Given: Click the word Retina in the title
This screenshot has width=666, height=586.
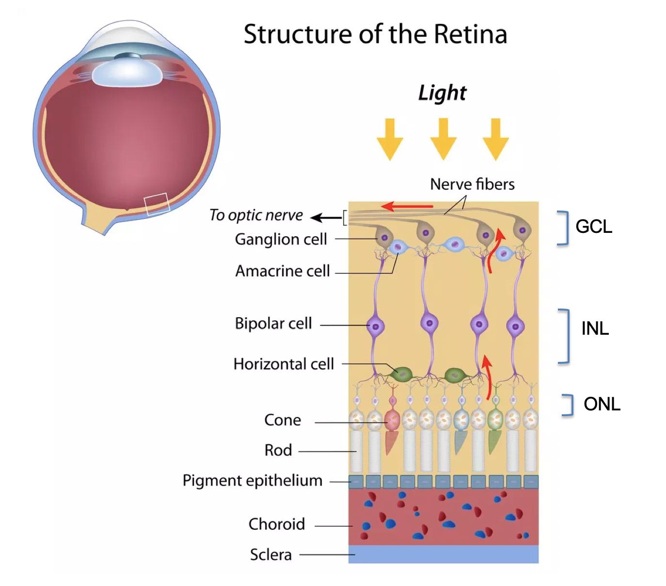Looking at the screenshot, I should click(470, 34).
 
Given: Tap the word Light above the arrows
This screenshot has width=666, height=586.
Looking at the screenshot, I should click(442, 93).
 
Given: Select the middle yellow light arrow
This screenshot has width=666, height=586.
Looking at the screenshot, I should click(443, 139).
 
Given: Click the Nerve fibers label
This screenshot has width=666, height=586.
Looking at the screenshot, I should click(472, 184).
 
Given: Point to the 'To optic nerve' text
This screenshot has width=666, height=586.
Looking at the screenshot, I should click(255, 215).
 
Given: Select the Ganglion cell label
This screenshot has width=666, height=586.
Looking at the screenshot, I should click(281, 239).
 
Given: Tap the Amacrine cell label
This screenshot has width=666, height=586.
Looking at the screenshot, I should click(282, 271).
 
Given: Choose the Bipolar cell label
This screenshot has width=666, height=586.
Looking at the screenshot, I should click(273, 323).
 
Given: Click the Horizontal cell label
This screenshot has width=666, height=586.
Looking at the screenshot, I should click(284, 364).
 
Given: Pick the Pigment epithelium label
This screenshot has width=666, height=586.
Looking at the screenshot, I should click(252, 480).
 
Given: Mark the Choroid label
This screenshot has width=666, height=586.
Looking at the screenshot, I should click(276, 524).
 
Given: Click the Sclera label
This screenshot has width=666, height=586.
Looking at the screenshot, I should click(270, 554).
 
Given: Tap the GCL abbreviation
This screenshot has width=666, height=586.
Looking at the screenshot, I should click(593, 227).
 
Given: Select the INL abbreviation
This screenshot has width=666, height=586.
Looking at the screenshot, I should click(595, 328).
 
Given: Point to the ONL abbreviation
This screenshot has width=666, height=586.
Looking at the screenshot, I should click(602, 404).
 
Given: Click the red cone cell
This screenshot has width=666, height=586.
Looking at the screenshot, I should click(392, 421).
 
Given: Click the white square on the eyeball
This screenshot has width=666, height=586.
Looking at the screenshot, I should click(157, 204).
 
